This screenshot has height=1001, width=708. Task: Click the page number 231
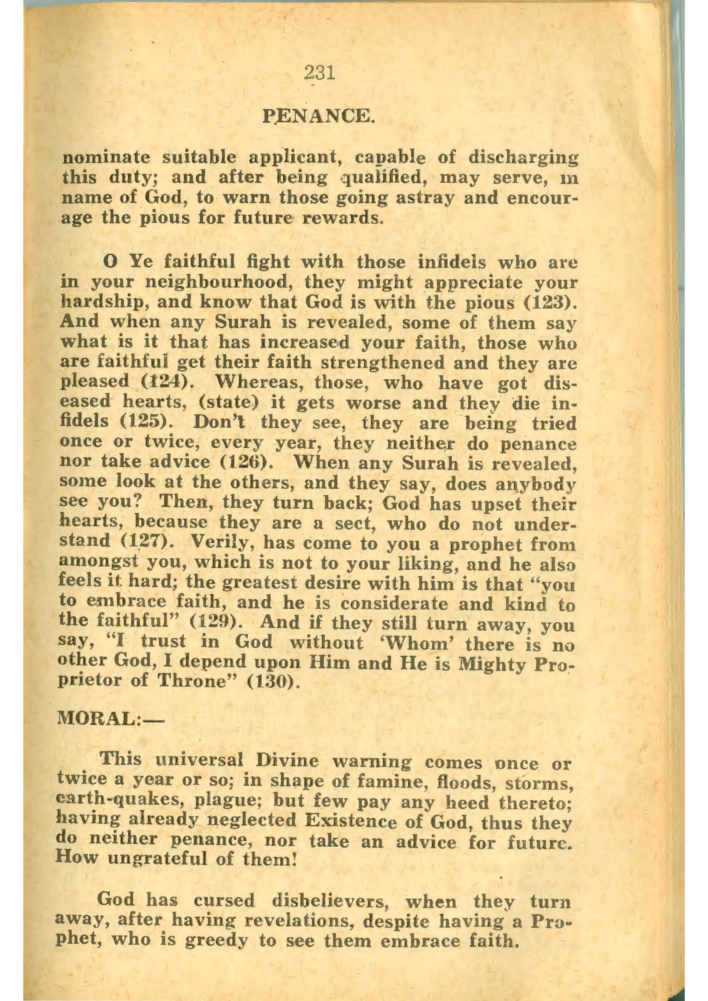click(x=320, y=73)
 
